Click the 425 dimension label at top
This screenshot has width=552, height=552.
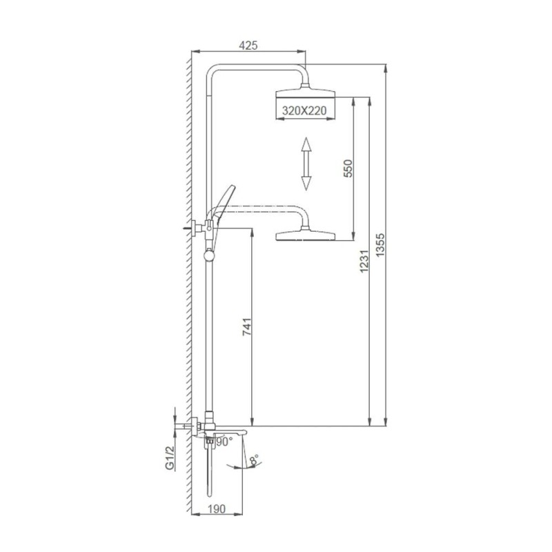point(248,46)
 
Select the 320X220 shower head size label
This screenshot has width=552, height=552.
point(304,110)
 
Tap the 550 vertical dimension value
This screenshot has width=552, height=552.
point(348,168)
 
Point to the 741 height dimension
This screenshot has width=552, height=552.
point(248,326)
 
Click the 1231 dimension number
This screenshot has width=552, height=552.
point(364,261)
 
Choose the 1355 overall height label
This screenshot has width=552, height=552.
point(381,245)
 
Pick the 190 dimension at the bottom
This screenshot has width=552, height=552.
point(216,509)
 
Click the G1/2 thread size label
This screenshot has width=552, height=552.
point(170,457)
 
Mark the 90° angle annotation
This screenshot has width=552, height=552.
point(224,442)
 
